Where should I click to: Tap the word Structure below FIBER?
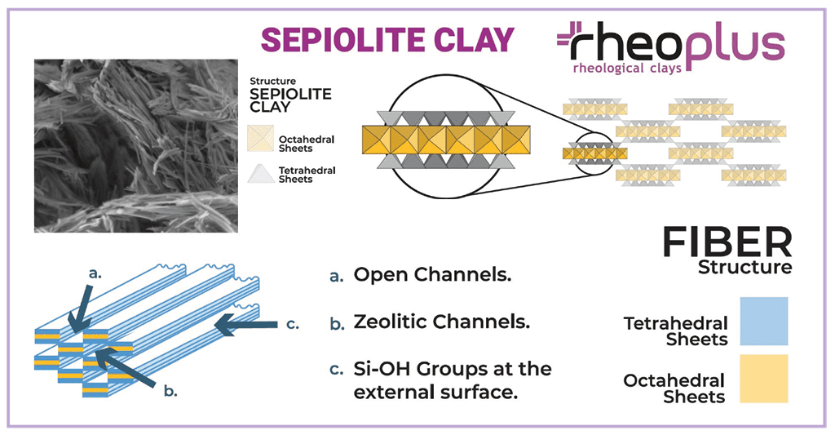point(744,267)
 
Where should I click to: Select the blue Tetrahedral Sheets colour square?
point(764,321)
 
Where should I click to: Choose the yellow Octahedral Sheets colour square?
point(764,379)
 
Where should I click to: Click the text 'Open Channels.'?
point(432,275)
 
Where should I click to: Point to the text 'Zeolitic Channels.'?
point(442,322)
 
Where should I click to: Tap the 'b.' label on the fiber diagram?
point(170,390)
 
